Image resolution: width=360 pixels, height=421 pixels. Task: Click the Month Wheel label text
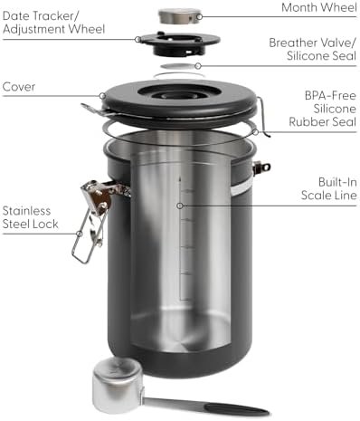(x=318, y=8)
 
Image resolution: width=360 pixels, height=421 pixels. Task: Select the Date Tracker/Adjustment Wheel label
(x=53, y=22)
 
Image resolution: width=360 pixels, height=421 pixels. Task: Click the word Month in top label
(x=300, y=8)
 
